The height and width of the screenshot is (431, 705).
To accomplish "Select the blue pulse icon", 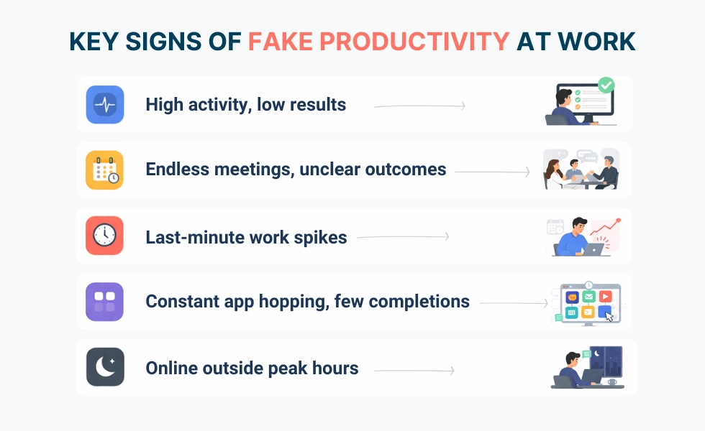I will click(105, 105).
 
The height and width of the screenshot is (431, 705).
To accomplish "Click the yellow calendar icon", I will click(105, 170).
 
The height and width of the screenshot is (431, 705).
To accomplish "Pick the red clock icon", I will click(105, 236).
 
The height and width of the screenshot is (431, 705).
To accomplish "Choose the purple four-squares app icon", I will click(105, 302).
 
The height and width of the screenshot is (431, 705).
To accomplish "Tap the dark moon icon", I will click(105, 368).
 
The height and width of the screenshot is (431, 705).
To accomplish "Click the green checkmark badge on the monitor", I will click(606, 85).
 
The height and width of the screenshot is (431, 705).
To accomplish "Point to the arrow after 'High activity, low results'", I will click(420, 106).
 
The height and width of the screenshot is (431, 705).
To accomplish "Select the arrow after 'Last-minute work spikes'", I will click(404, 237).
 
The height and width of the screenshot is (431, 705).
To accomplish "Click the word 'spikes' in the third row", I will click(323, 237).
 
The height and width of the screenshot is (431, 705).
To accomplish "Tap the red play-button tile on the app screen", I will click(606, 296).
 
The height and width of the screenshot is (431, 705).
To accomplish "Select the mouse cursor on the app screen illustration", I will click(609, 316).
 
